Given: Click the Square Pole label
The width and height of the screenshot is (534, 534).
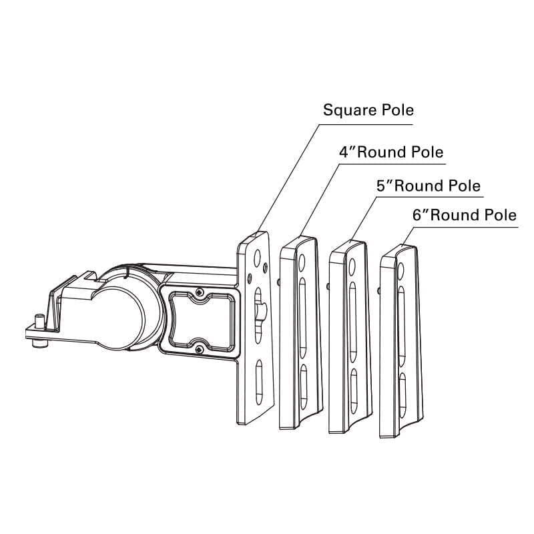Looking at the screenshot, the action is point(368,110).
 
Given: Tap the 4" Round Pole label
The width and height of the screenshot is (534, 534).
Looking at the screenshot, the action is point(391,152).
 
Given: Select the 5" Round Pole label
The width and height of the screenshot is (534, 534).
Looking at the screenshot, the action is point(429,186).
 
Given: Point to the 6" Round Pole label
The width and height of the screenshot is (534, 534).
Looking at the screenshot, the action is point(465,215).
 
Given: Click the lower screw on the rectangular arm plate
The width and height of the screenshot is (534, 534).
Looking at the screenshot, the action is point(199,349).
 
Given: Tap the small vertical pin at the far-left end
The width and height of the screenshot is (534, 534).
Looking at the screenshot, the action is point(40,321).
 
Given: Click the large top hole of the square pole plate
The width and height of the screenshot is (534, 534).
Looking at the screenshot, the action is point(257,258).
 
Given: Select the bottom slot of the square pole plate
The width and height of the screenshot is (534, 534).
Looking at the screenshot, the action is point(259,382).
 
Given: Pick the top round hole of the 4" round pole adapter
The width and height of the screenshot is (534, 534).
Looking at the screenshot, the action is point(302,262).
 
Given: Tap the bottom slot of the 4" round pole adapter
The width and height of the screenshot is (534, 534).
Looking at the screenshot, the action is point(304,386).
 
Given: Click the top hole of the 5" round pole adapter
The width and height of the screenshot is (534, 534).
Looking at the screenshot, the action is point(352,266).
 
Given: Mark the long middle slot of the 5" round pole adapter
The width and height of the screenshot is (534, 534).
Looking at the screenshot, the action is point(353,322).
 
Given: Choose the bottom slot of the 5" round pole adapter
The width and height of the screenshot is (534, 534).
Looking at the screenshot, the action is point(354,391).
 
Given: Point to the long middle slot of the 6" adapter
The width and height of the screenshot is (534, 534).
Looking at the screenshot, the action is point(402,326).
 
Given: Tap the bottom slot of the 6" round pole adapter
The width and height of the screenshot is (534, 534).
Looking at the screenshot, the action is point(403,395).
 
